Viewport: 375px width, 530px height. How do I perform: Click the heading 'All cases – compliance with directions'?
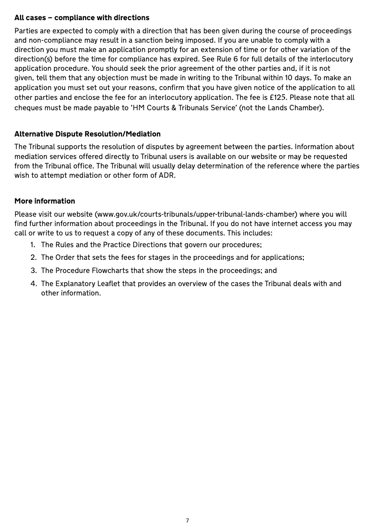82,18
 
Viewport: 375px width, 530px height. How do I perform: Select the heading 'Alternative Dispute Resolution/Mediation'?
88,134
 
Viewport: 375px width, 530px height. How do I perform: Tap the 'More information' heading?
45,201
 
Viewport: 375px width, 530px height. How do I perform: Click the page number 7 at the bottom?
187,520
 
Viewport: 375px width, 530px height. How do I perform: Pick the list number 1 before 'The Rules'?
33,245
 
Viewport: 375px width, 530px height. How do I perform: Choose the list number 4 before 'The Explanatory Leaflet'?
33,284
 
